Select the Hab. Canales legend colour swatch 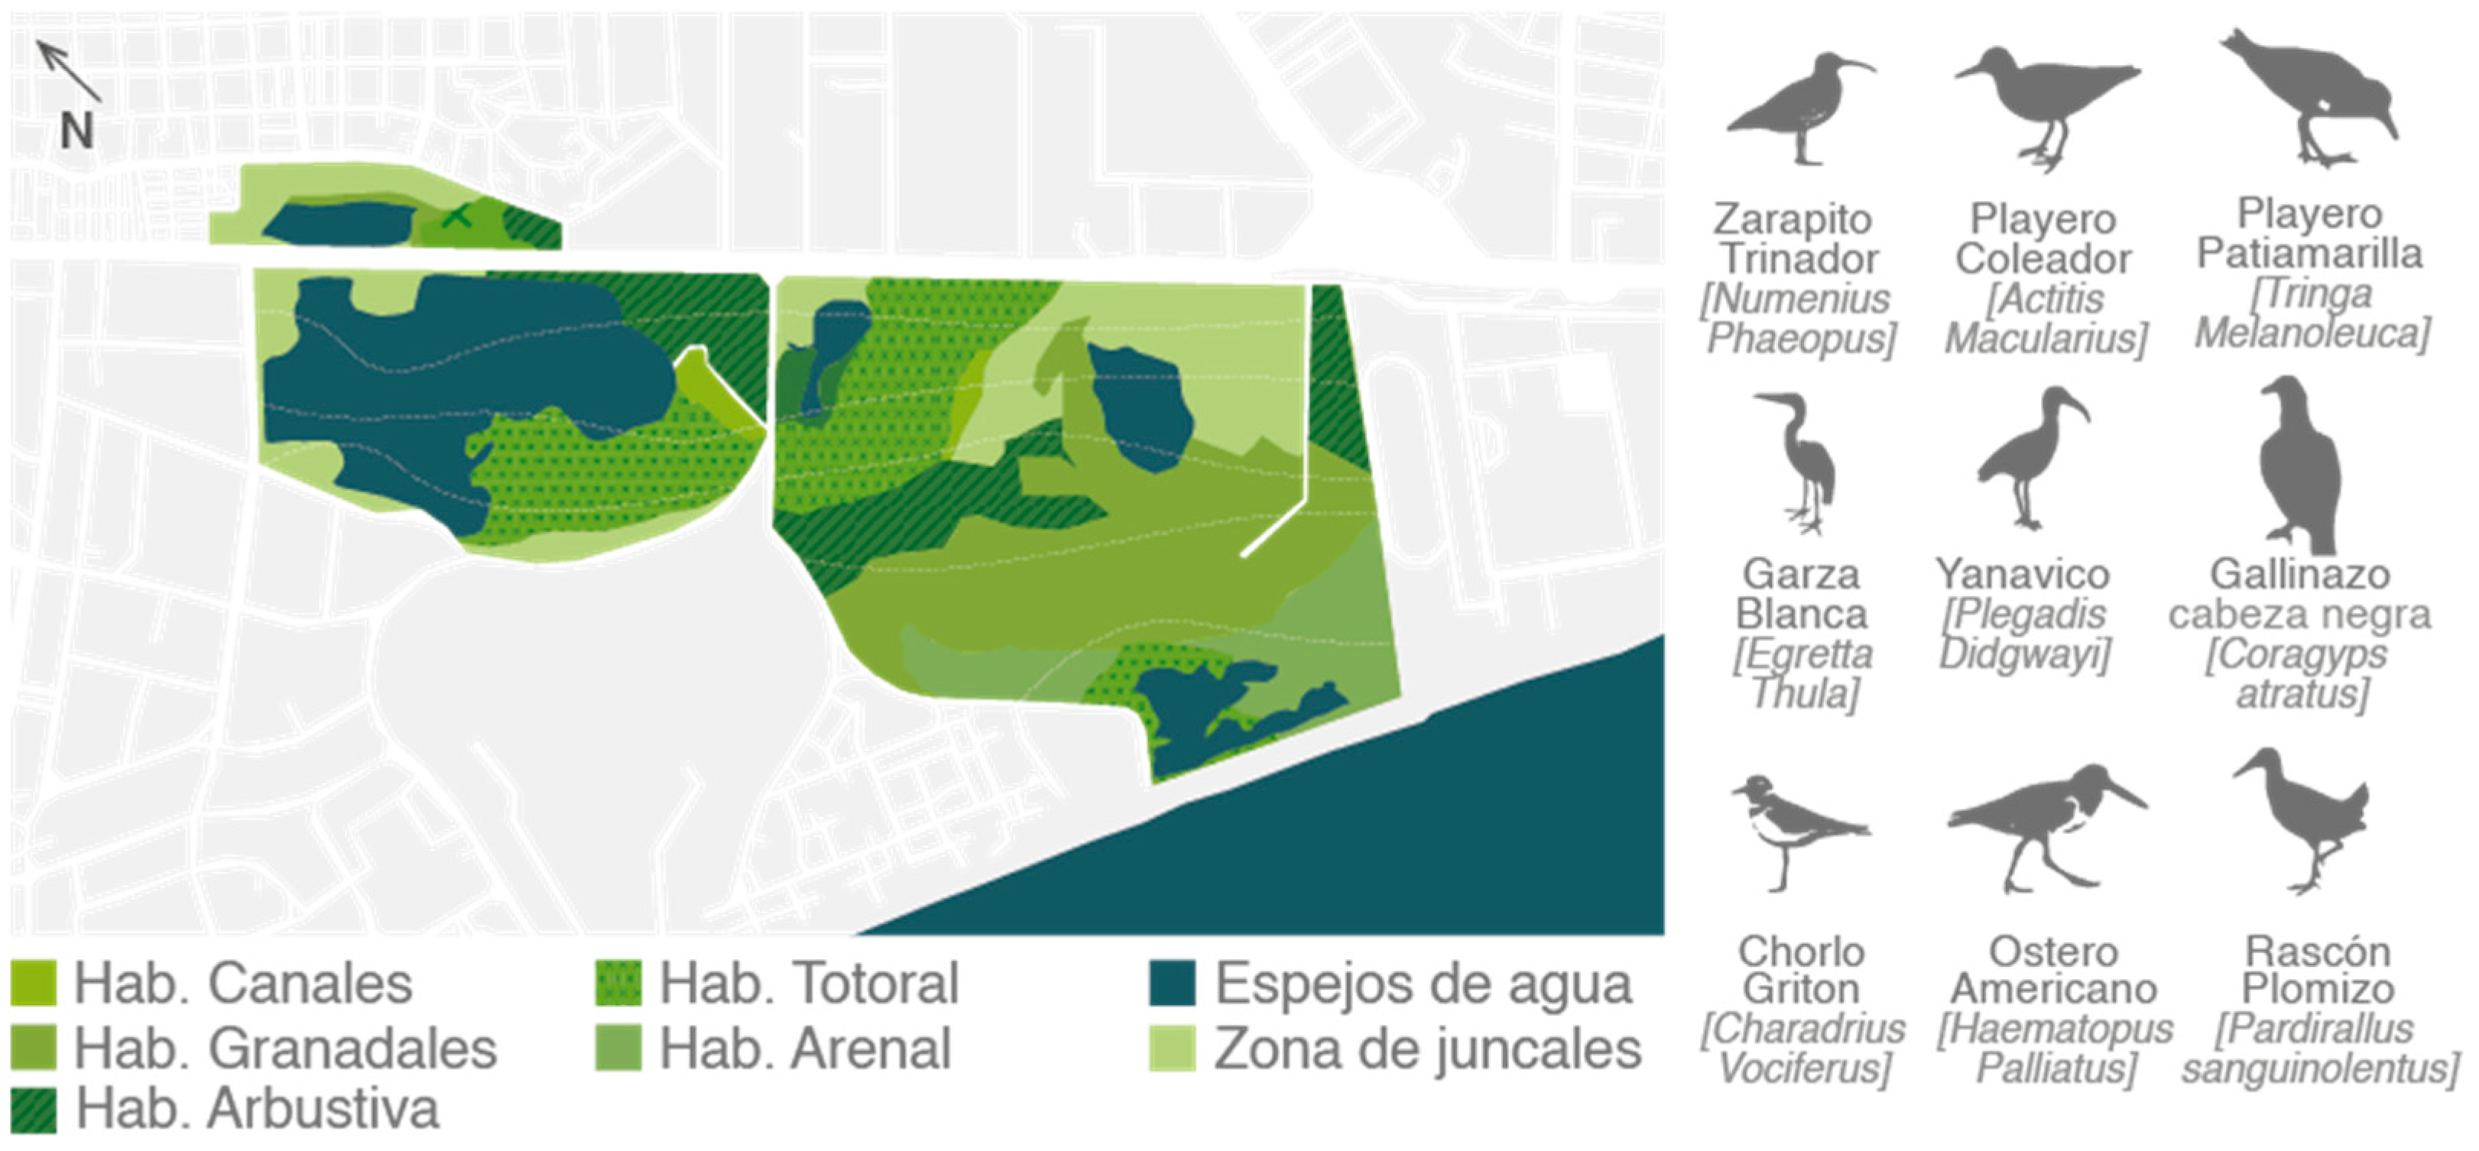[x=33, y=983]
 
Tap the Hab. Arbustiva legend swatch [x=33, y=1110]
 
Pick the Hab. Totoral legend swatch [x=618, y=983]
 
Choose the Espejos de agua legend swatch [x=1172, y=983]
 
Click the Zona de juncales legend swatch [x=1172, y=1047]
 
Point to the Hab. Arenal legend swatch [x=618, y=1047]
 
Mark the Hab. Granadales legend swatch [x=33, y=1047]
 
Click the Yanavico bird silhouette [x=2030, y=458]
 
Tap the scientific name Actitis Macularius [x=2046, y=319]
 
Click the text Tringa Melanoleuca [x=2312, y=313]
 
